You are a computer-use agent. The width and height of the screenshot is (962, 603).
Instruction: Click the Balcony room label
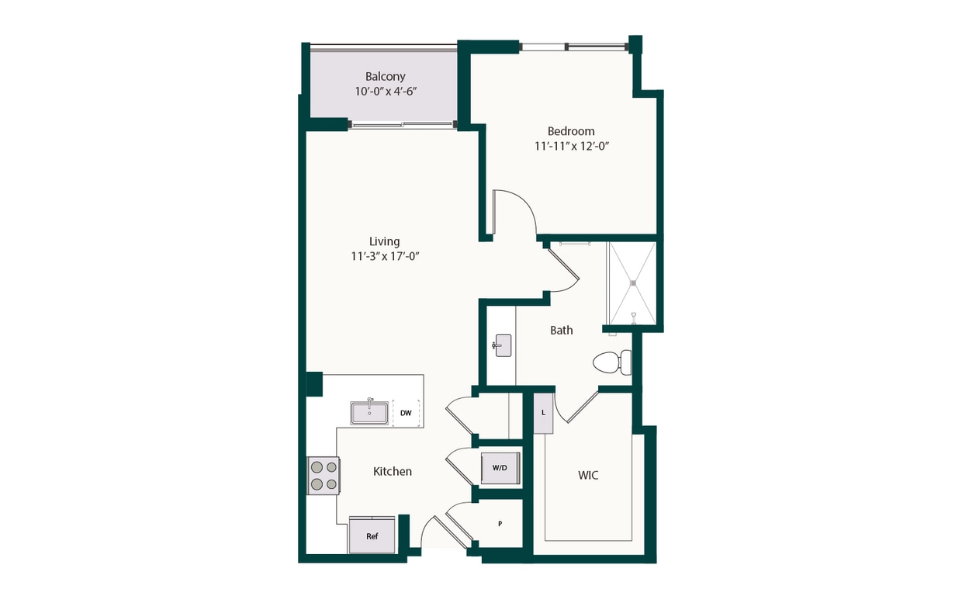386,77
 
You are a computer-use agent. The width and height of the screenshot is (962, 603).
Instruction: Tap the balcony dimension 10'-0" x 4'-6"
386,92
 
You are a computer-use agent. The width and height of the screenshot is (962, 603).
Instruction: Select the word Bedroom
571,131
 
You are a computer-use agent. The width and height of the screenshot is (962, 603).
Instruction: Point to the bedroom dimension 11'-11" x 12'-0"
572,146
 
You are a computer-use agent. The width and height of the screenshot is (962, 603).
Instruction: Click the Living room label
384,241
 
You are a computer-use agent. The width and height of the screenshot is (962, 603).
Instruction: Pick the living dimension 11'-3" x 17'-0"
385,256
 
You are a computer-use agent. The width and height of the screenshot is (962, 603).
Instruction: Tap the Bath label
562,331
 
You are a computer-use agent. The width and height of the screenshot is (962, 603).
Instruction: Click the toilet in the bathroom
612,362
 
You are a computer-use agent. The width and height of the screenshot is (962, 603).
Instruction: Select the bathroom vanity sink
502,345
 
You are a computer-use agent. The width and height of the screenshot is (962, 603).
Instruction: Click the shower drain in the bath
633,282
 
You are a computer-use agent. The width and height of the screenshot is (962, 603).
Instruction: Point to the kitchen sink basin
369,413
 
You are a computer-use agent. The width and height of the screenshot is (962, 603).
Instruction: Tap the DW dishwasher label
406,413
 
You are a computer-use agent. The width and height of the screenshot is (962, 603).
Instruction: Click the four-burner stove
324,476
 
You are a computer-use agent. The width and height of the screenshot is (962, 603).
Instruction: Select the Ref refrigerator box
372,535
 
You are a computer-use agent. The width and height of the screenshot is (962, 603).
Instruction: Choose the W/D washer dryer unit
500,468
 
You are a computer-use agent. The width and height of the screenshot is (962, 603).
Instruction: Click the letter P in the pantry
500,524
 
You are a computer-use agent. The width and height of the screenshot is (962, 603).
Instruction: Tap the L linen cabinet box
543,413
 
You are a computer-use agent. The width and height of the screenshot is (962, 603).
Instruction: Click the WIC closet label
588,475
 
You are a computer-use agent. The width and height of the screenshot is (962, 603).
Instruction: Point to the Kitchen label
393,472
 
